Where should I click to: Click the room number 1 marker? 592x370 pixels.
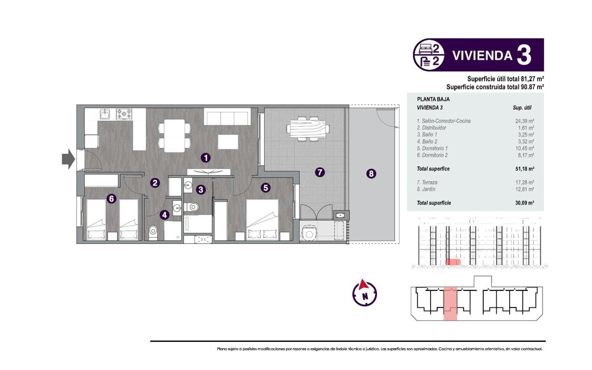tap(206, 158)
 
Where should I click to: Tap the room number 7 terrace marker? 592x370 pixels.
tap(319, 173)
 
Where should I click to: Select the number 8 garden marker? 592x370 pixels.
tap(370, 174)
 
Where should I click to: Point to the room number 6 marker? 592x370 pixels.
tap(111, 199)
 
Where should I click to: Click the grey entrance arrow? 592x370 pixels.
tap(68, 159)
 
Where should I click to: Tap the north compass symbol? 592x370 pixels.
tap(364, 293)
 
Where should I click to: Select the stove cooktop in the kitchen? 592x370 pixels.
tap(124, 113)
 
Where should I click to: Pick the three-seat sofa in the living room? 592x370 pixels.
tap(228, 117)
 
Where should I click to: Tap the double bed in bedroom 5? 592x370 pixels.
tap(262, 220)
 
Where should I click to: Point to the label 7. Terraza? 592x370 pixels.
tap(428, 182)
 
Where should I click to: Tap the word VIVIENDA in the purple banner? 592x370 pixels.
tap(482, 55)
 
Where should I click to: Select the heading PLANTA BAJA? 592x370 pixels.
tap(433, 99)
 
